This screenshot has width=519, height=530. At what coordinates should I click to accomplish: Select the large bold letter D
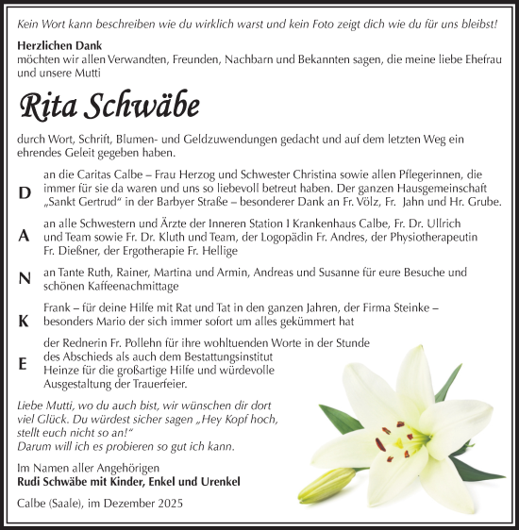tap(24, 191)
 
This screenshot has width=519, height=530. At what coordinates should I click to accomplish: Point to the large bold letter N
tap(24, 277)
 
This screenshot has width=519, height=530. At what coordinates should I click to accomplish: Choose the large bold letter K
tap(24, 320)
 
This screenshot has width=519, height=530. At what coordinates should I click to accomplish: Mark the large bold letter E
tap(24, 363)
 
